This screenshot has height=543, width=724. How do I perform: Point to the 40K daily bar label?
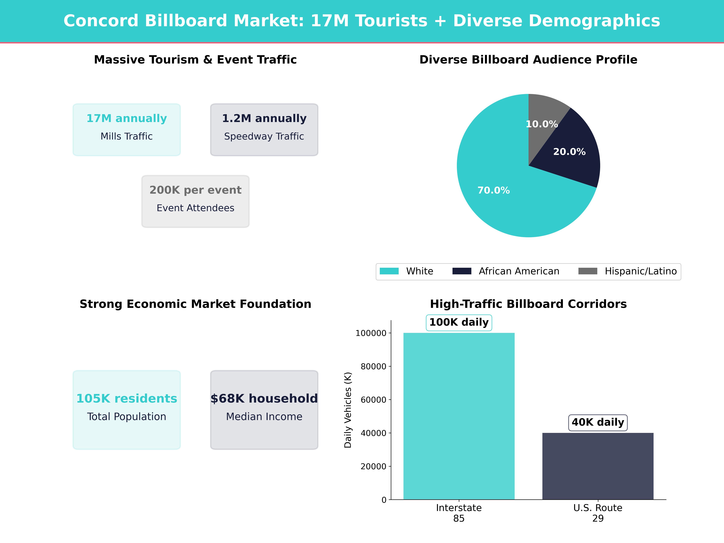click(598, 422)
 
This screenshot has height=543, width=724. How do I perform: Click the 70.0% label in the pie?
click(494, 191)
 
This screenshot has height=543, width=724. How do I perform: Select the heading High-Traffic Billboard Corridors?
click(528, 304)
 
